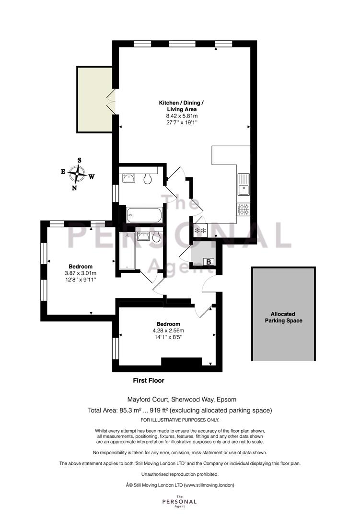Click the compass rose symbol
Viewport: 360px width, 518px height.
[x=77, y=173]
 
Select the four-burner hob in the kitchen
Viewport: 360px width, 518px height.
[x=244, y=209]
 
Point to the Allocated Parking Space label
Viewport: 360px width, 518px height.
[x=283, y=317]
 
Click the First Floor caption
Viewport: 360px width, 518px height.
[x=148, y=380]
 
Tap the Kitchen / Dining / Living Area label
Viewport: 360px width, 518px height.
[x=181, y=106]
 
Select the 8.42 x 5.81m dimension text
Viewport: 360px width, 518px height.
[x=182, y=116]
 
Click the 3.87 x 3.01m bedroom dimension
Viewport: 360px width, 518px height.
[x=81, y=273]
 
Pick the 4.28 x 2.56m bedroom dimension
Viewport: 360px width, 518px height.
[x=168, y=330]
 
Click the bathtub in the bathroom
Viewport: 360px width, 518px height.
[x=144, y=215]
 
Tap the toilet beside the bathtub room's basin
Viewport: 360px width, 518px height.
[x=148, y=179]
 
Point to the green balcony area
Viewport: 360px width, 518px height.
[x=95, y=99]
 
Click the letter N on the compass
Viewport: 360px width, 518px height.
[x=74, y=188]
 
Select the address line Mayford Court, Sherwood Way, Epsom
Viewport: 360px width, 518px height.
[x=182, y=400]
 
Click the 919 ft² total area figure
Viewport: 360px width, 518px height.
[x=159, y=410]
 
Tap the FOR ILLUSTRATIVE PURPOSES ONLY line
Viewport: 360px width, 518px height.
[x=180, y=420]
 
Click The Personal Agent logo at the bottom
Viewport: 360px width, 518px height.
[x=180, y=501]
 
